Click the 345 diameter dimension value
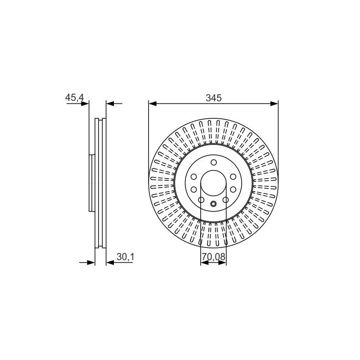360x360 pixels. (213, 98)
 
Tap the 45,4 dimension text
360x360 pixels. (75, 98)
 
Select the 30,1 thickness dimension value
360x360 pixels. (125, 257)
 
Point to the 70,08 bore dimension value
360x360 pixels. (213, 257)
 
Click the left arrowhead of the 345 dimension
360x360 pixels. (153, 104)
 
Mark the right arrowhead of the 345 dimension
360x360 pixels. (274, 104)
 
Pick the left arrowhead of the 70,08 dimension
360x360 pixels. (204, 263)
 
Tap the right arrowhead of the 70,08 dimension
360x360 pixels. (222, 263)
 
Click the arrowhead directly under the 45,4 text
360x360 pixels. (85, 104)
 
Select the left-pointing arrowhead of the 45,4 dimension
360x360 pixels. (110, 104)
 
